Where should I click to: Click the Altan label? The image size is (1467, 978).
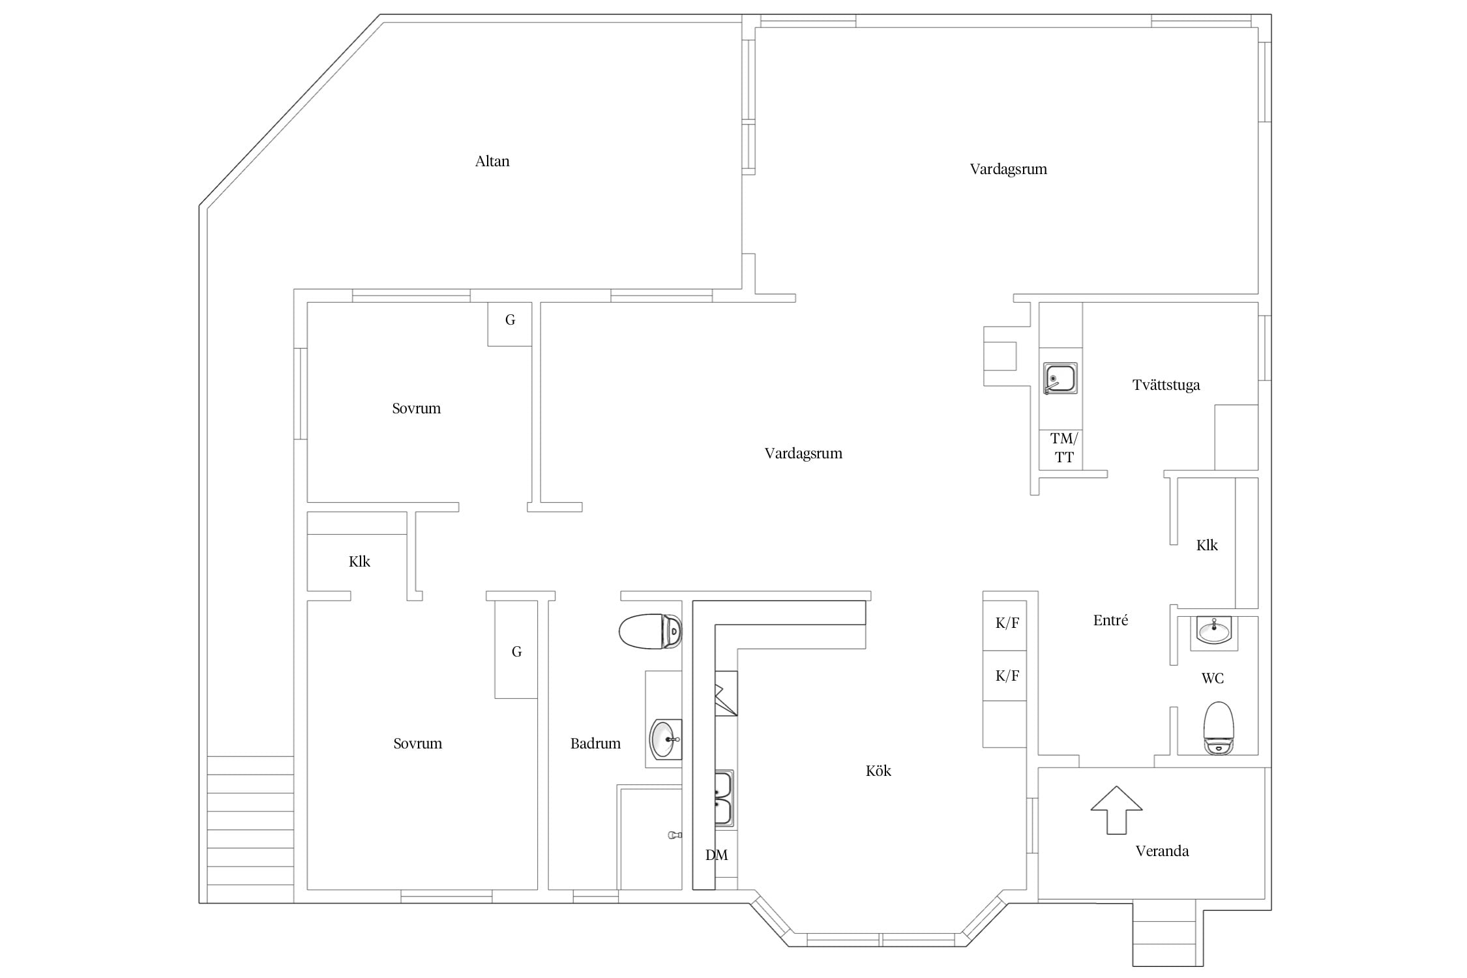click(x=492, y=161)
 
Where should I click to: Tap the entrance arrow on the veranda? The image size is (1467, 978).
click(x=1116, y=810)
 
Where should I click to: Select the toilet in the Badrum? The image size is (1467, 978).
click(x=650, y=632)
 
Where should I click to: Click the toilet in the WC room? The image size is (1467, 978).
click(x=1219, y=728)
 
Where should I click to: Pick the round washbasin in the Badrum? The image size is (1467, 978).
click(x=666, y=739)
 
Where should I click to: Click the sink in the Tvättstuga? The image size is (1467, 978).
click(x=1060, y=379)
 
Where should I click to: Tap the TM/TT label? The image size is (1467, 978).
click(x=1064, y=448)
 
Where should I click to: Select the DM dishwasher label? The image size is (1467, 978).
click(x=717, y=855)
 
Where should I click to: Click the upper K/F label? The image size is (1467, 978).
click(x=1007, y=623)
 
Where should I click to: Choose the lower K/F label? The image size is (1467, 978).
click(x=1007, y=676)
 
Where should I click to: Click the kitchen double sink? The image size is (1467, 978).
click(x=724, y=799)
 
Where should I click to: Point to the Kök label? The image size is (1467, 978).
click(x=878, y=771)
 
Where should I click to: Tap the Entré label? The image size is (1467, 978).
click(x=1110, y=621)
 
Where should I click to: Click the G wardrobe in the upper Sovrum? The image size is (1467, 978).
click(x=510, y=324)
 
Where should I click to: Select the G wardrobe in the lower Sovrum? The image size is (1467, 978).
click(x=516, y=649)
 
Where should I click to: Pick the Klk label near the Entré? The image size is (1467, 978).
click(x=1207, y=545)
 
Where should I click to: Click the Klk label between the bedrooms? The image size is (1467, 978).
click(x=359, y=561)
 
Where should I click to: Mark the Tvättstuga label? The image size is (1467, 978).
click(x=1166, y=385)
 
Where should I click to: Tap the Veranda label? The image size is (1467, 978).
click(x=1162, y=851)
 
